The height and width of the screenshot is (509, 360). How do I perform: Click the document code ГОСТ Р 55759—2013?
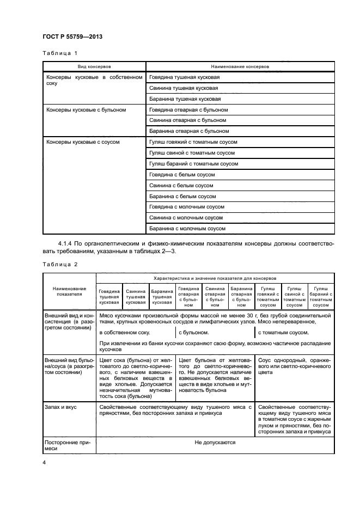72,36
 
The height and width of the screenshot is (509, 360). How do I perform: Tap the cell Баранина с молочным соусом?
187,229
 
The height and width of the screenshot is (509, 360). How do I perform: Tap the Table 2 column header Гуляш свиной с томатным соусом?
294,297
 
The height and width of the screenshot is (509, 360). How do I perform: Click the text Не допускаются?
215,443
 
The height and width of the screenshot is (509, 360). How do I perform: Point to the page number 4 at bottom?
45,463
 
